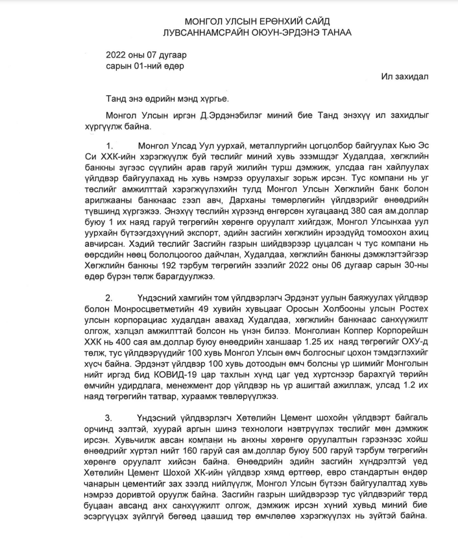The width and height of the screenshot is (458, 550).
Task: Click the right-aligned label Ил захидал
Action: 405,76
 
